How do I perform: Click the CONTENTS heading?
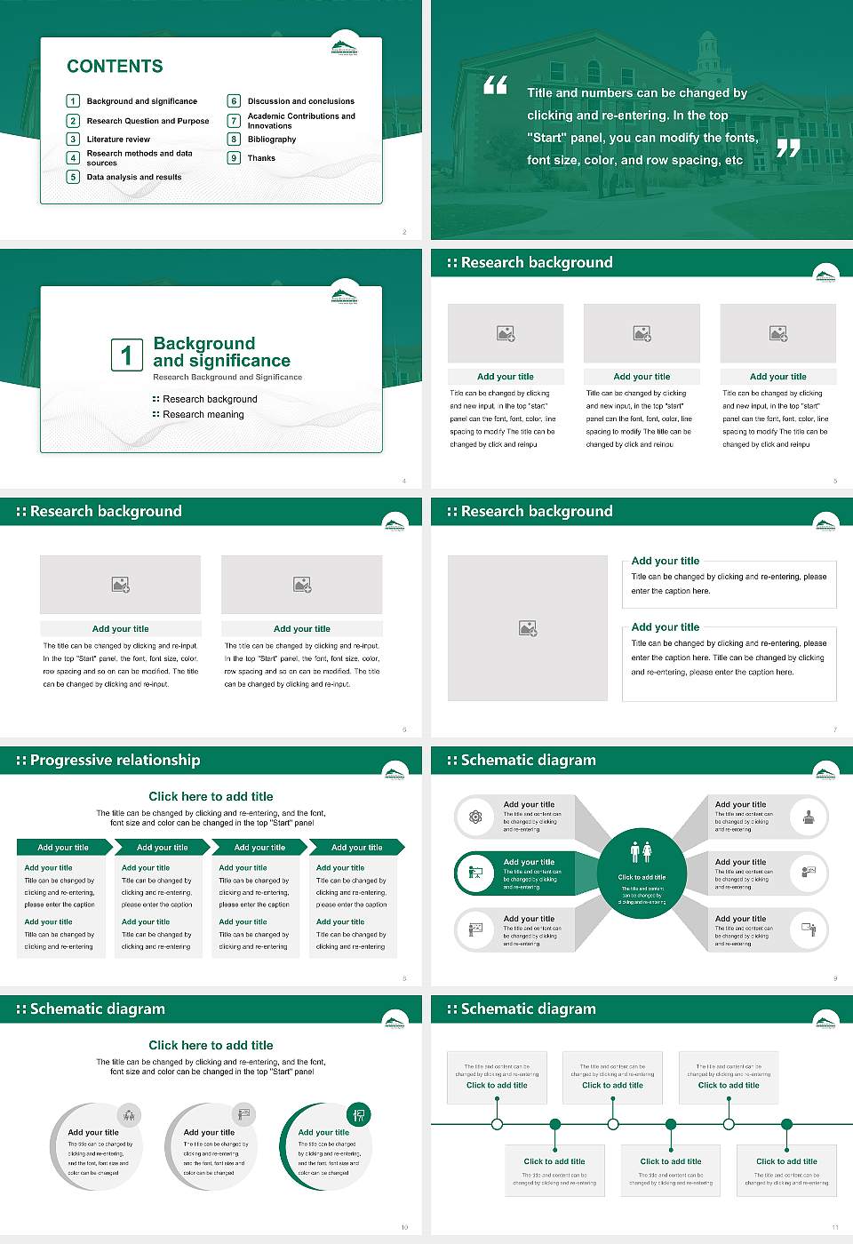[x=115, y=67]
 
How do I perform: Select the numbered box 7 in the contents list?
[x=235, y=121]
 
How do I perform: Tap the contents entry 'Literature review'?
[x=118, y=140]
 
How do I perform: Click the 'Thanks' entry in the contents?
[x=261, y=158]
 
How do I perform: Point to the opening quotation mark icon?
[x=495, y=85]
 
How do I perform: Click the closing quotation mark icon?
[x=788, y=148]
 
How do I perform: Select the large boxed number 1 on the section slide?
[x=126, y=355]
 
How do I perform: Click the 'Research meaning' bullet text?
[x=203, y=414]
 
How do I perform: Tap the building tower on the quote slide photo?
[x=707, y=53]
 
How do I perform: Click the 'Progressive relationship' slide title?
[x=115, y=760]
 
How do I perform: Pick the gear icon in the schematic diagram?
[x=475, y=817]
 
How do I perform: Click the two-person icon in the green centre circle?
[x=641, y=852]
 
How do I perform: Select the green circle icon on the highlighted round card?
[x=359, y=1114]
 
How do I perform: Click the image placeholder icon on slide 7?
[x=528, y=628]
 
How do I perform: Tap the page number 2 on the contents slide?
[x=404, y=232]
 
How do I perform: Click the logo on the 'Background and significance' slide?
[x=344, y=297]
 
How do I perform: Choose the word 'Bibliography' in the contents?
[x=272, y=140]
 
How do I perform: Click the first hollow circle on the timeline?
[x=497, y=1124]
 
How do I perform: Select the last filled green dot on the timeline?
[x=786, y=1124]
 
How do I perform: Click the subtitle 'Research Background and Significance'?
[x=227, y=377]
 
